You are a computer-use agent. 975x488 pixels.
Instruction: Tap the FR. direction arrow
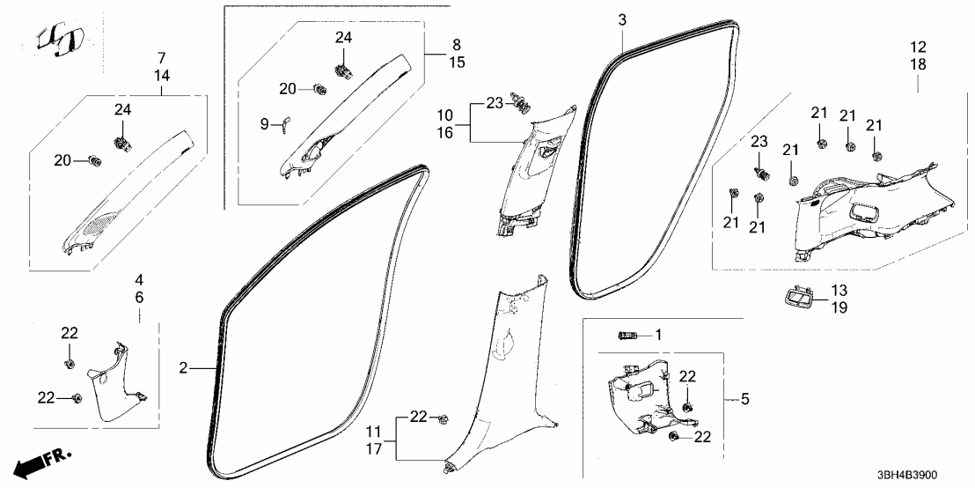pos(44,463)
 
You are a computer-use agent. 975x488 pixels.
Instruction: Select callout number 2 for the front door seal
pos(183,368)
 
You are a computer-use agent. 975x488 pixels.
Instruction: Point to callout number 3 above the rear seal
pos(622,19)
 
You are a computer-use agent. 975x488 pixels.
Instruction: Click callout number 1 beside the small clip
pos(656,335)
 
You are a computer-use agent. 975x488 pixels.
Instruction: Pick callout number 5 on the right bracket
pos(744,399)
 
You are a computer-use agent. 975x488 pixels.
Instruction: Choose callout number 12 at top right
pos(918,46)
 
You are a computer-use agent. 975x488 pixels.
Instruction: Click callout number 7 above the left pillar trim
pos(161,57)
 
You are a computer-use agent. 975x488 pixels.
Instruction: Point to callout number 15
pos(456,63)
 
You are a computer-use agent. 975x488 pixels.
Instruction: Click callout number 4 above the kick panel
pos(139,280)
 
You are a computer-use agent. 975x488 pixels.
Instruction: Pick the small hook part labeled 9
pos(286,127)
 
